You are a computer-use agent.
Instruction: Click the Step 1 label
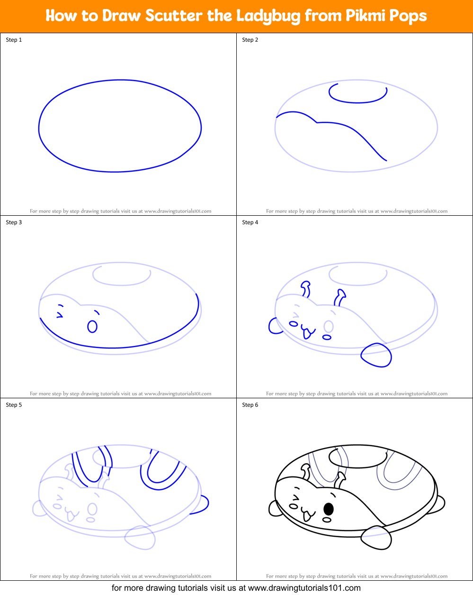coord(14,40)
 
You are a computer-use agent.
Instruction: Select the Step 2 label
coord(250,40)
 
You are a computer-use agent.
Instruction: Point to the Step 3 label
coord(14,222)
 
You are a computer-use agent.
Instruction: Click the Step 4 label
coord(250,222)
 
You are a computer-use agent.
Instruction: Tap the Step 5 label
coord(14,405)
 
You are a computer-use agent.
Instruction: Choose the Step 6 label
coord(250,405)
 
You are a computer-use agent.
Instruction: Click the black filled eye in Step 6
coord(328,509)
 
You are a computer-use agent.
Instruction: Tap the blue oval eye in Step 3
coord(92,327)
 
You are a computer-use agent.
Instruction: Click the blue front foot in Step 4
coord(376,355)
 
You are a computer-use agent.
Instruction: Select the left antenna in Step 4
coord(306,289)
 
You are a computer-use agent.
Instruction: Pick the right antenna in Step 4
coord(340,298)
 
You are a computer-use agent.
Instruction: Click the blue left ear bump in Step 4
coord(274,326)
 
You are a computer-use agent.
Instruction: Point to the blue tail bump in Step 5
coord(201,504)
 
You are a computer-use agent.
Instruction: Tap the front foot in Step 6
coord(376,538)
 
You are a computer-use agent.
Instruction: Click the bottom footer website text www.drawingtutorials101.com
coord(304,588)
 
